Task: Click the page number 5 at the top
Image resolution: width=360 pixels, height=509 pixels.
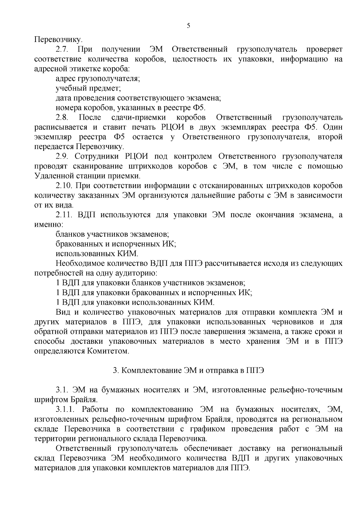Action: (188, 26)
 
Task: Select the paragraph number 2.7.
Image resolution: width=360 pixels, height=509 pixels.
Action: (62, 49)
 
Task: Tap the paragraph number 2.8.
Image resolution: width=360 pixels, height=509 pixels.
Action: (62, 117)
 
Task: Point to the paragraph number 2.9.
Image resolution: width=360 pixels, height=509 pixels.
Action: (62, 156)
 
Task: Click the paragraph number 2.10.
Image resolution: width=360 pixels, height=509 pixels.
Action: (64, 186)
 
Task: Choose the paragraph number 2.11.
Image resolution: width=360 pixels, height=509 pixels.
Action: (64, 215)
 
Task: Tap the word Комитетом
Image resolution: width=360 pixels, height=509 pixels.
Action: (109, 351)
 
